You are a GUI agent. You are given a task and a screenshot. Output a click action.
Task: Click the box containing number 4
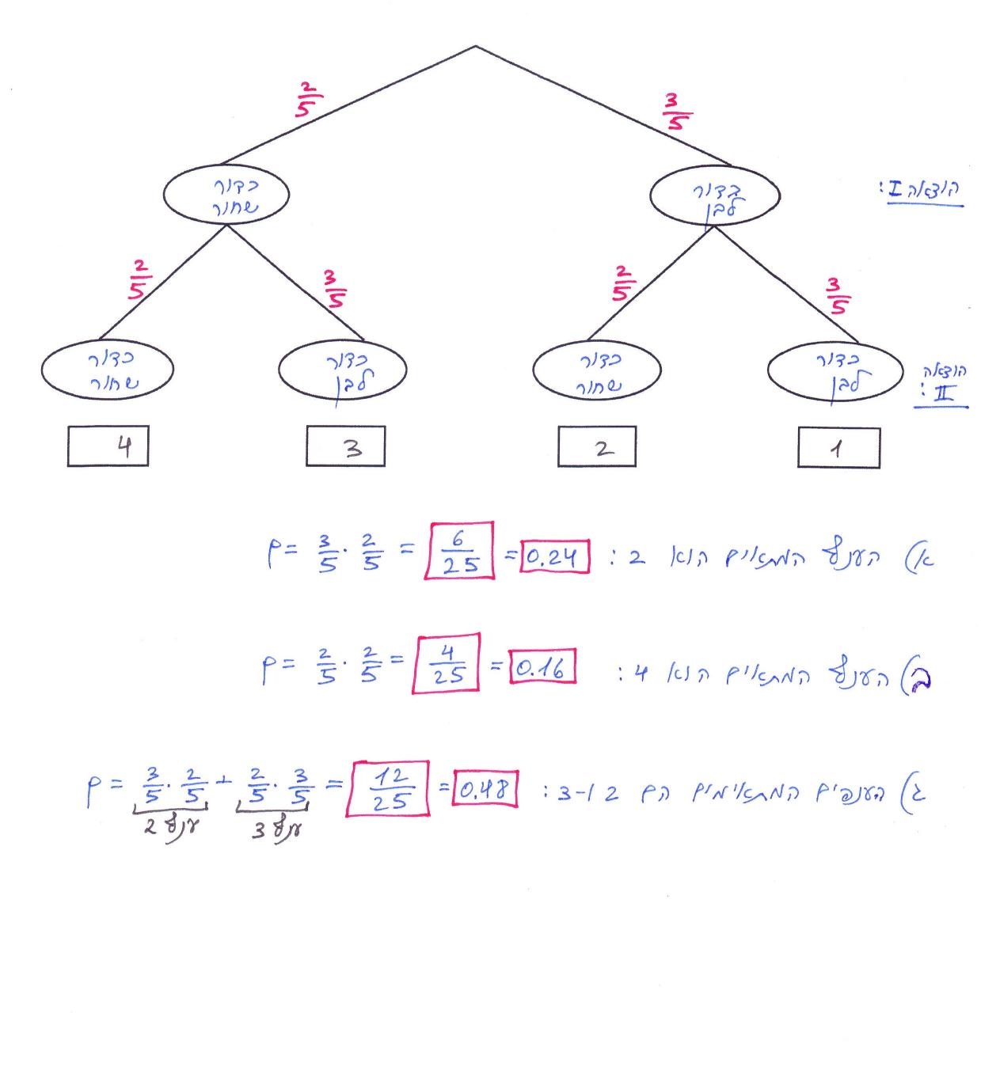(x=108, y=447)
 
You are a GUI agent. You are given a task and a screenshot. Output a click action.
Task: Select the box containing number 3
(x=346, y=447)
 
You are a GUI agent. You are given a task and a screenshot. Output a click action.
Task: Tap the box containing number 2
(x=597, y=448)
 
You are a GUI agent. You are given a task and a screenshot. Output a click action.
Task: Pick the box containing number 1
(x=838, y=449)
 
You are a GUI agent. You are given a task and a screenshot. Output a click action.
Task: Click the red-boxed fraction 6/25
(x=458, y=551)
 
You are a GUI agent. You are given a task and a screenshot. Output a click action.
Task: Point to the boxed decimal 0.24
(x=554, y=560)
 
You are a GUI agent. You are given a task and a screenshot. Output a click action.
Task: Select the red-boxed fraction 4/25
(x=446, y=663)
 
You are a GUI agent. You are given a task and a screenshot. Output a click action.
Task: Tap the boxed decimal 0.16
(x=542, y=670)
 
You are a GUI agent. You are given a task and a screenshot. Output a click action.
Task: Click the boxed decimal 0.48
(x=485, y=789)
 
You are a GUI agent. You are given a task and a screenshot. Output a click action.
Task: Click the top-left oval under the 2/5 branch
(x=226, y=195)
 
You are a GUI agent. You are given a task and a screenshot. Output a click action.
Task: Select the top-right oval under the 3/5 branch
(x=715, y=196)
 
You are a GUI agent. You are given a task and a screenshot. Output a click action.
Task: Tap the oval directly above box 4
(x=107, y=369)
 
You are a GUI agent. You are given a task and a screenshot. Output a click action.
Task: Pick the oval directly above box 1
(x=835, y=370)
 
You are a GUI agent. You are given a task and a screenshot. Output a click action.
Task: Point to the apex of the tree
(x=475, y=46)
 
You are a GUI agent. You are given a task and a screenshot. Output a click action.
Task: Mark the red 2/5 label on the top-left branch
(x=306, y=100)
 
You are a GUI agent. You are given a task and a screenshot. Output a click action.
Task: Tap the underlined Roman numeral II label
(x=941, y=394)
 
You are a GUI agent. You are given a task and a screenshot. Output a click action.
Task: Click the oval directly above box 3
(x=343, y=370)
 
